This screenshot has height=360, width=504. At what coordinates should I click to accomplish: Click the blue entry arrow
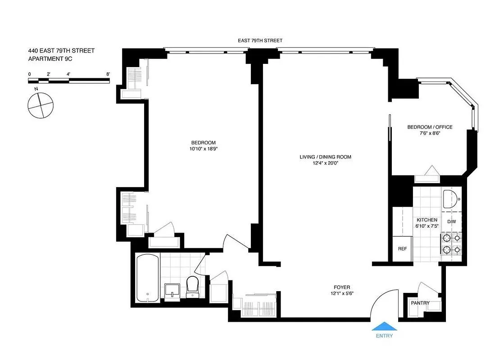tap(385, 326)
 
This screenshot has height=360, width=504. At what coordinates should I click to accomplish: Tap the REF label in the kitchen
tap(402, 248)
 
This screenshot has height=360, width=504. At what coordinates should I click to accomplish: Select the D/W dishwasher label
tap(452, 221)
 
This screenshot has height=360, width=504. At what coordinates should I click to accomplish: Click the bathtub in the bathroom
tap(148, 278)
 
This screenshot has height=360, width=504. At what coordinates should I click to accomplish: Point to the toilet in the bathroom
tap(192, 287)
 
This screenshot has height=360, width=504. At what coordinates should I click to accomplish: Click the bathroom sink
tap(172, 292)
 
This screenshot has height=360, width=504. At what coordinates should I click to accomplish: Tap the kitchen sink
tap(450, 199)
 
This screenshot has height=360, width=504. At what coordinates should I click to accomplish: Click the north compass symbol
tap(40, 104)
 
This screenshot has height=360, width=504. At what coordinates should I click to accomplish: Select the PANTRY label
tap(420, 303)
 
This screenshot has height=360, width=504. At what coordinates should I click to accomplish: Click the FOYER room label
tap(342, 287)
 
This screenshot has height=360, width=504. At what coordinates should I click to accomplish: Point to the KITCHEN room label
tap(427, 220)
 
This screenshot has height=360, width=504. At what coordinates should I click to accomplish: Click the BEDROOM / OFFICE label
tap(430, 127)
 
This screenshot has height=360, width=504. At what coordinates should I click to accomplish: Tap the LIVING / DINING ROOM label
tap(325, 157)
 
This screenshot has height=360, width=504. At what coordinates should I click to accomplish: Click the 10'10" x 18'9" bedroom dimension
tap(204, 148)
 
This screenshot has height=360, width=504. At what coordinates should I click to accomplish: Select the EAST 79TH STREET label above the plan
tap(260, 40)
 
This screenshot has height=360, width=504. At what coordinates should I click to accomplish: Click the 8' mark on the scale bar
tap(108, 74)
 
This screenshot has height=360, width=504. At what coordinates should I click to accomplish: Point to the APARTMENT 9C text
tap(50, 59)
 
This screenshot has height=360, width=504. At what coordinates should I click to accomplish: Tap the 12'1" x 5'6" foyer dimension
tap(342, 293)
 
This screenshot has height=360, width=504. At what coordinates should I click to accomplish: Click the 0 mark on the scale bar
tap(30, 74)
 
